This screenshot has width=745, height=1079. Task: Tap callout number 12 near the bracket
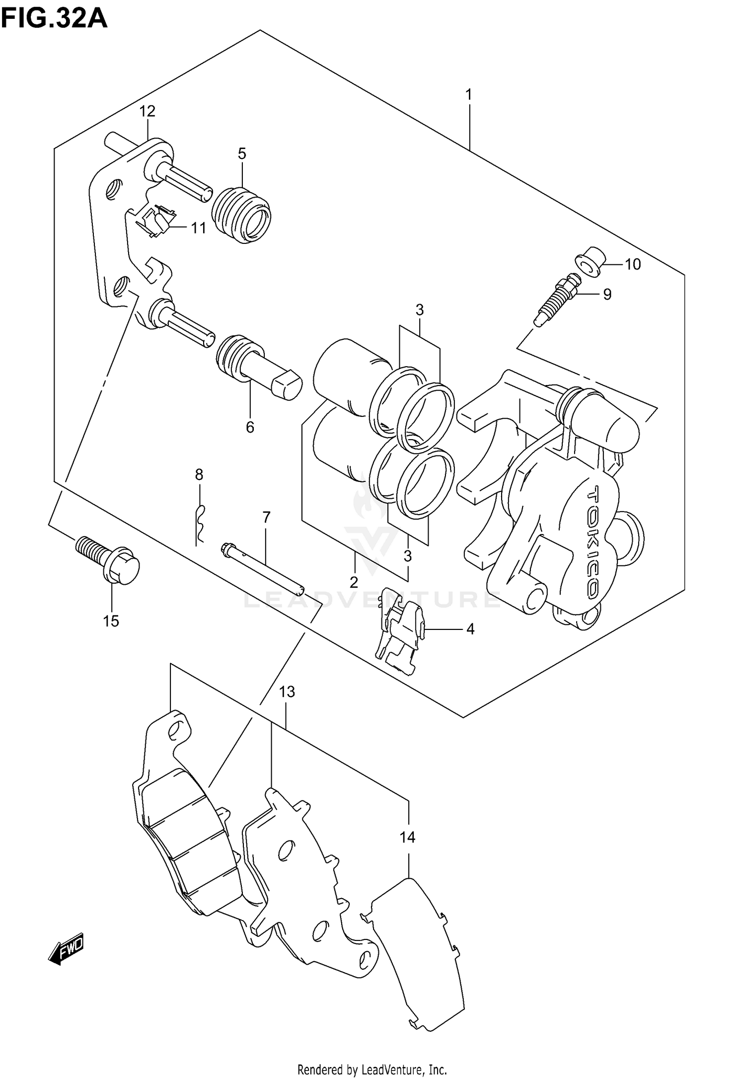pyautogui.click(x=147, y=111)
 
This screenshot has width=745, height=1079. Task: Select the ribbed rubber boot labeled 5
pyautogui.click(x=241, y=215)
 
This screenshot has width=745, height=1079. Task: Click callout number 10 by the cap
pyautogui.click(x=632, y=264)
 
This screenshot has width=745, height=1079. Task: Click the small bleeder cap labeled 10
pyautogui.click(x=590, y=260)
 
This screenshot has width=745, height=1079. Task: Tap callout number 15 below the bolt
pyautogui.click(x=111, y=621)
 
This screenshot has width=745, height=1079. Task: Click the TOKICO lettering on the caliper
pyautogui.click(x=594, y=541)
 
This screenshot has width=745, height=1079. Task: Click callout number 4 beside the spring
pyautogui.click(x=470, y=629)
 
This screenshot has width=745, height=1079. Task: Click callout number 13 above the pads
pyautogui.click(x=287, y=692)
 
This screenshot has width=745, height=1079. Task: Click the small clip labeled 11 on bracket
pyautogui.click(x=156, y=220)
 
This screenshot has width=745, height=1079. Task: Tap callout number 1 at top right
pyautogui.click(x=468, y=94)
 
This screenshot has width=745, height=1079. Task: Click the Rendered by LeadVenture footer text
pyautogui.click(x=372, y=1066)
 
